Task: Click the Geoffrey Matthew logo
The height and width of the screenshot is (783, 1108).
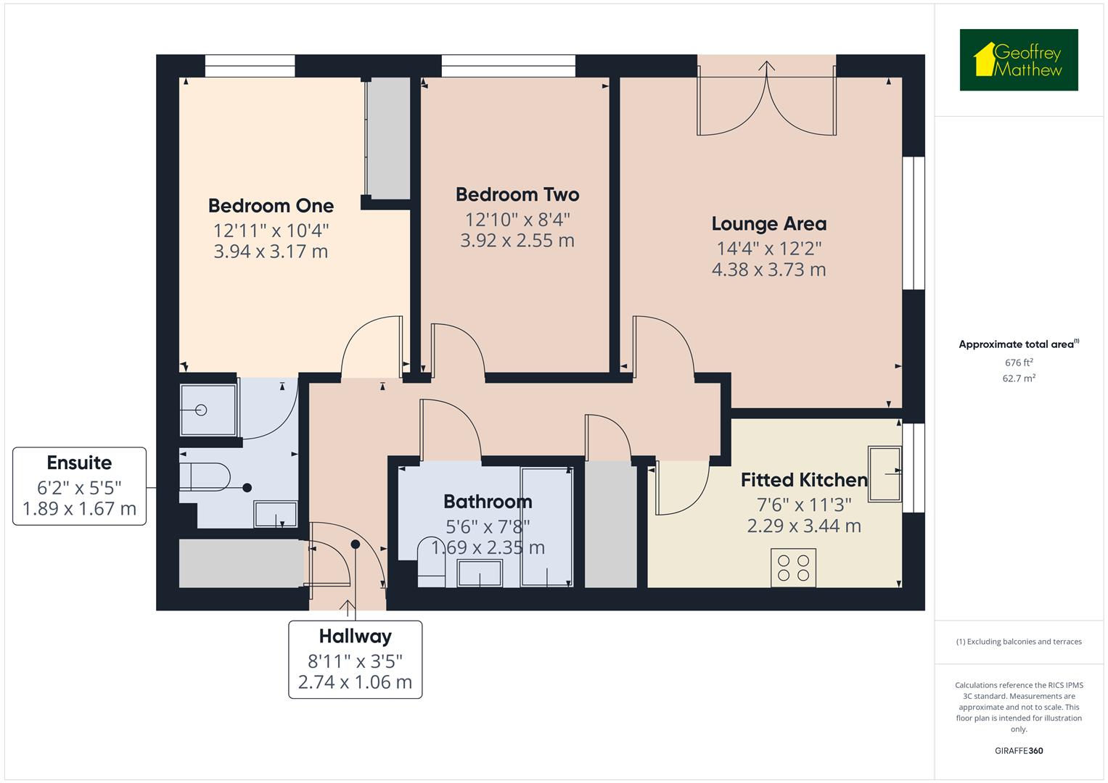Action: coord(1018,60)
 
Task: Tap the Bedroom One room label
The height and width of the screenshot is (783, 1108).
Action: coord(271,206)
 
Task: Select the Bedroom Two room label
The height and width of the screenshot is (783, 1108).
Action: coord(517,194)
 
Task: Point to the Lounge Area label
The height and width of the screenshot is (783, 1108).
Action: coord(768,224)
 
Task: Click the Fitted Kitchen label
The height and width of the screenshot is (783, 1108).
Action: coord(804,480)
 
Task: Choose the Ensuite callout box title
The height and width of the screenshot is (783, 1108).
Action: coord(79,463)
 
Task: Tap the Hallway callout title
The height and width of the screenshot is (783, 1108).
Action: coord(355,637)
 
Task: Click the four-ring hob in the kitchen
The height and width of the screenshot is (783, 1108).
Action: coord(793,567)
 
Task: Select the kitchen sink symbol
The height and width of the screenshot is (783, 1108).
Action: coord(885,473)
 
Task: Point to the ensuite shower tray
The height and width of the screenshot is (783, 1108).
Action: coord(208,410)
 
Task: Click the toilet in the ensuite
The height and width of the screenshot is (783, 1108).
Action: coord(204,477)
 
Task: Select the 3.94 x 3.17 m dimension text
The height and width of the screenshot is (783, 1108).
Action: coord(271,252)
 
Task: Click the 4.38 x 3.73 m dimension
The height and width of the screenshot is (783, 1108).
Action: coord(768,270)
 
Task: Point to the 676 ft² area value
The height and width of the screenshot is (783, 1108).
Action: coord(1018,362)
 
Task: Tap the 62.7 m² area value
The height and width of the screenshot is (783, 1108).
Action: coord(1018,378)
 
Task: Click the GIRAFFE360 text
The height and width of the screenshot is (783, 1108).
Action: coord(1018,751)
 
